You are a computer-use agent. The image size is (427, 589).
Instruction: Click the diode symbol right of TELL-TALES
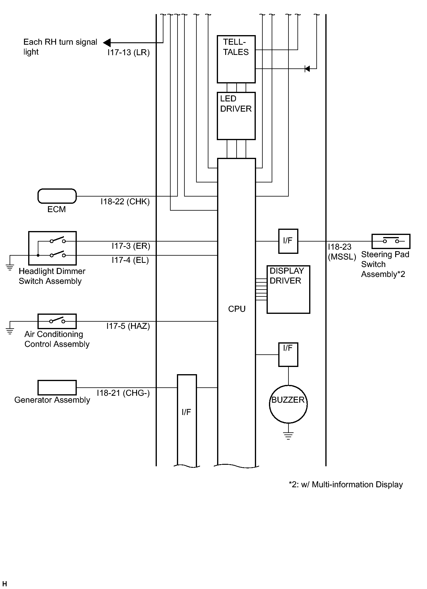[307, 69]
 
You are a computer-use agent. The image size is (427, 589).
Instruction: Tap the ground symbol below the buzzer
[288, 435]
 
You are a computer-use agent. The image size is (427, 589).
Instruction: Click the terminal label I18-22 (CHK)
[125, 202]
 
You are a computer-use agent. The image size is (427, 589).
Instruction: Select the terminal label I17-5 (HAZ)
[128, 326]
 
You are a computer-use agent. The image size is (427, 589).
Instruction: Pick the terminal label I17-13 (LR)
[129, 53]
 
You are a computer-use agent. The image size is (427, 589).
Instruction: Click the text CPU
[237, 309]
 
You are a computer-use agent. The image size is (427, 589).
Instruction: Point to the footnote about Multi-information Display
[346, 485]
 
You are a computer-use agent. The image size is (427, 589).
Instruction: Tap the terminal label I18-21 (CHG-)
[123, 393]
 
